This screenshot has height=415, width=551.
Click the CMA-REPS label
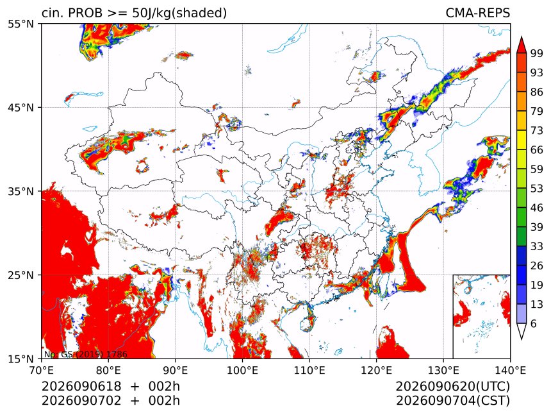(477, 13)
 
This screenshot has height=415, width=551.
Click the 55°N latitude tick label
(21, 24)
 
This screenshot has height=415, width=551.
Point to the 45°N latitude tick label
(21, 107)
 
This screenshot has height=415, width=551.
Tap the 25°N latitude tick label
(21, 275)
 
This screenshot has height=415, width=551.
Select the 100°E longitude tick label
(242, 370)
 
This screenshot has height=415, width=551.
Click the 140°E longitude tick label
(510, 370)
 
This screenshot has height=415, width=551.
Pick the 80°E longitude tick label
(108, 370)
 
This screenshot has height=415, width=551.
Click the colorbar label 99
(537, 53)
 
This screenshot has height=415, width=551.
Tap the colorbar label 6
(534, 323)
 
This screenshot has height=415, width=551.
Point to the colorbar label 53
(537, 189)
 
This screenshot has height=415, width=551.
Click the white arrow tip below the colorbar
(521, 339)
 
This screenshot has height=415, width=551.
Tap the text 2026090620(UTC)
(452, 386)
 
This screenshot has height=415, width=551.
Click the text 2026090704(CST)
(452, 401)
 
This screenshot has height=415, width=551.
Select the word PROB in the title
(85, 13)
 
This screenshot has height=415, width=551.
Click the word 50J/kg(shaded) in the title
(179, 13)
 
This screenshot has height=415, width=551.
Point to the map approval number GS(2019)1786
(86, 354)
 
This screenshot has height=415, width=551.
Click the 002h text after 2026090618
(164, 386)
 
